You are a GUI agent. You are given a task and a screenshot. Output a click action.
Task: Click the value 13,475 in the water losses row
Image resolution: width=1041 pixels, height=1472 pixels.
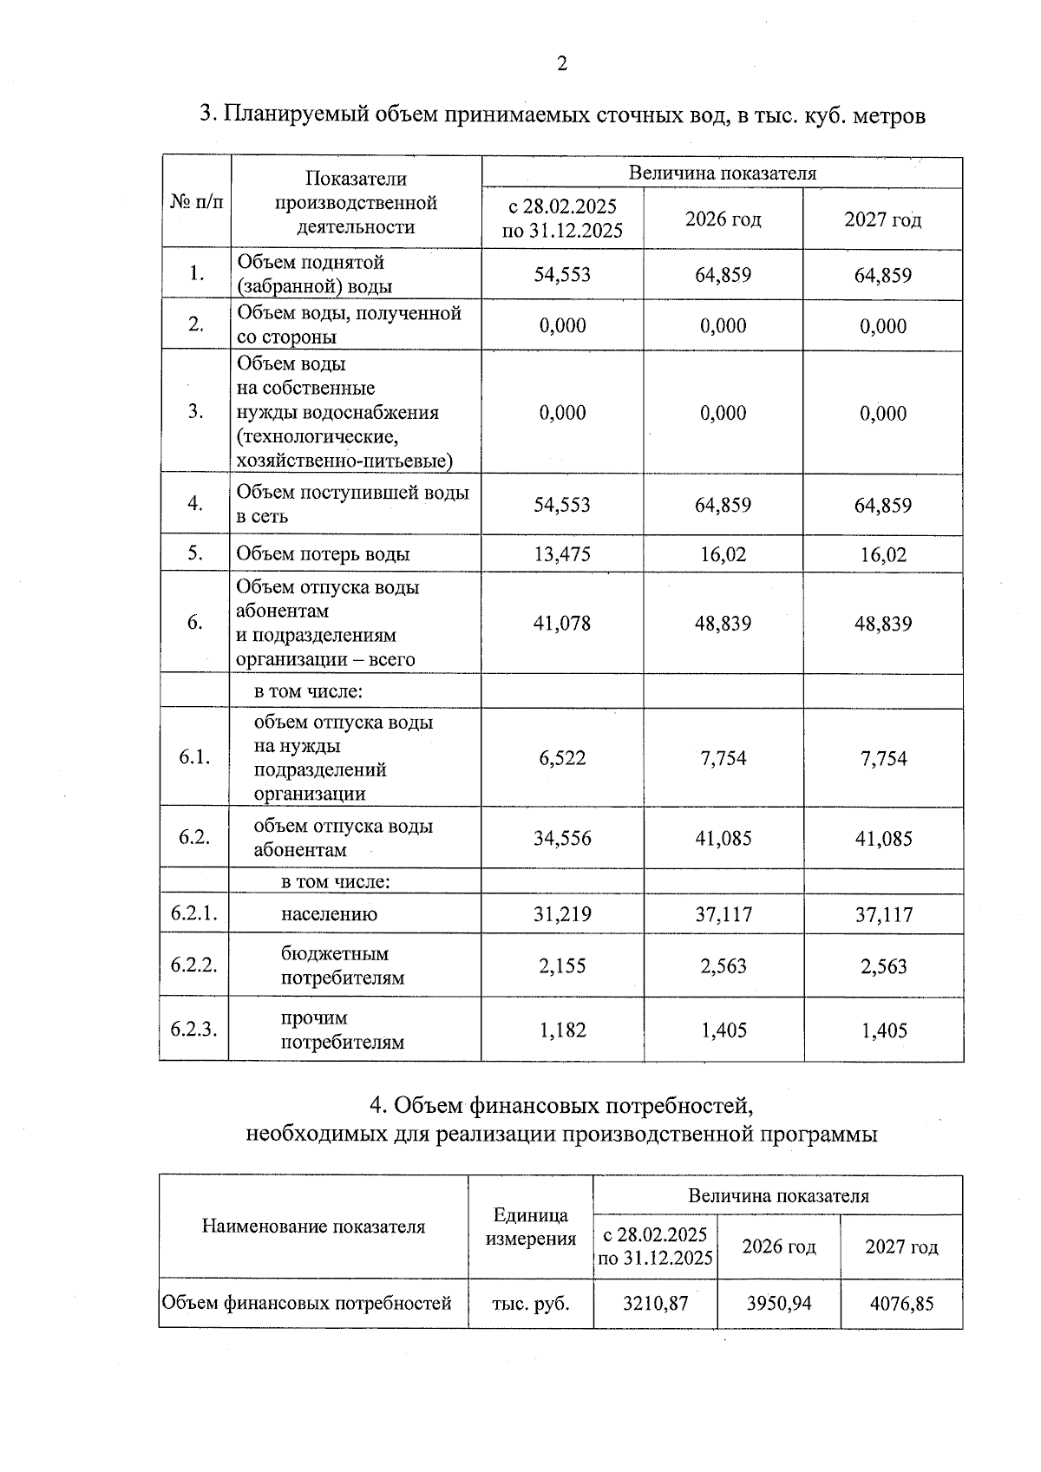click(562, 553)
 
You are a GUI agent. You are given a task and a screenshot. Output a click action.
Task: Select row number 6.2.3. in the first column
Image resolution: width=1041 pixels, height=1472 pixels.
click(193, 1030)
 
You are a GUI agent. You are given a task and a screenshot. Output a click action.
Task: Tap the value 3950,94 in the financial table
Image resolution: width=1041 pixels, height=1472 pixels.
click(779, 1303)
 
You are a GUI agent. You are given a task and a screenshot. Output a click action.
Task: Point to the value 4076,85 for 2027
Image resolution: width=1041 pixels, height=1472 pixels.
click(901, 1303)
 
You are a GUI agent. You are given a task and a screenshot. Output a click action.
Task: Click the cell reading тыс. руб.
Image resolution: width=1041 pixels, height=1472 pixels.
click(531, 1303)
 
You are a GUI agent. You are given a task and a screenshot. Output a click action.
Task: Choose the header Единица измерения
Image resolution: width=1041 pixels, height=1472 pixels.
click(531, 1227)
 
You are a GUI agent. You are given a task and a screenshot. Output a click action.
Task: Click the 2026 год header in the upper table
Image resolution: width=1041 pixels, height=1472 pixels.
click(723, 219)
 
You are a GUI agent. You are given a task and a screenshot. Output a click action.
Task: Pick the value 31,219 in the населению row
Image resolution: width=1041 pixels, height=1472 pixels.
click(562, 913)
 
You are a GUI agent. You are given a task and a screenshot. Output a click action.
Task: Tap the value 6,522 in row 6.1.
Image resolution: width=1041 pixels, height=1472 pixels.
click(562, 758)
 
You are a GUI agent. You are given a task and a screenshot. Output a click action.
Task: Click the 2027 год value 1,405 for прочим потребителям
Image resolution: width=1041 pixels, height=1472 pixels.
click(883, 1030)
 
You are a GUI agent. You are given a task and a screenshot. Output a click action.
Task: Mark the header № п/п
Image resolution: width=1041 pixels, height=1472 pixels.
click(196, 202)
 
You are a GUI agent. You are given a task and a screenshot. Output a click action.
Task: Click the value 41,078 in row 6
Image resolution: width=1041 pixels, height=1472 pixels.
click(562, 623)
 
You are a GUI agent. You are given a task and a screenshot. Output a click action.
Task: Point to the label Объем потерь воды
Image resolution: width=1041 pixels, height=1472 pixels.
click(323, 554)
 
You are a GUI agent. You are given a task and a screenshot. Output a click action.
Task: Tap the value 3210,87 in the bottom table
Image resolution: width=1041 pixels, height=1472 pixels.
click(656, 1303)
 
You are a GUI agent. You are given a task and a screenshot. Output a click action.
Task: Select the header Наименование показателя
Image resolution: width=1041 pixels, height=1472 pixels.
click(313, 1227)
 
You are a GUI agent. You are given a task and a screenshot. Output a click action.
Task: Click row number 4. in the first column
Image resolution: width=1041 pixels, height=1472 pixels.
click(196, 503)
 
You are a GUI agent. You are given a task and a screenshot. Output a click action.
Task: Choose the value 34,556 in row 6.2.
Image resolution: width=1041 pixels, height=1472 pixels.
click(562, 838)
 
